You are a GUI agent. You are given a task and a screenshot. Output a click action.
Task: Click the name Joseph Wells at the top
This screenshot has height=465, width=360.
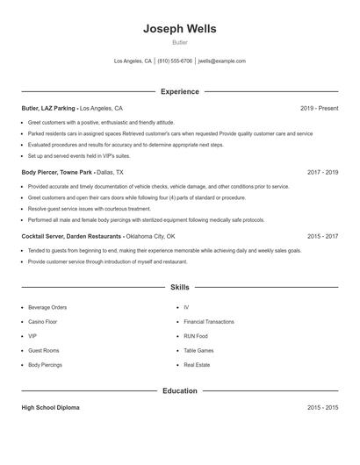pyautogui.click(x=180, y=29)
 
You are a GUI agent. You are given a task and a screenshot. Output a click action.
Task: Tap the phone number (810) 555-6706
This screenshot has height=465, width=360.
pyautogui.click(x=175, y=61)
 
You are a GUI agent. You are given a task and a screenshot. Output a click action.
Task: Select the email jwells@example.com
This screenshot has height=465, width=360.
pyautogui.click(x=222, y=61)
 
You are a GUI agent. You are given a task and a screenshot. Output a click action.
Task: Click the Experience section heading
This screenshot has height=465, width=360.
pyautogui.click(x=180, y=91)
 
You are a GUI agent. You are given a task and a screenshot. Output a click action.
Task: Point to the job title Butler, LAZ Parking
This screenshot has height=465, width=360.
pyautogui.click(x=48, y=108)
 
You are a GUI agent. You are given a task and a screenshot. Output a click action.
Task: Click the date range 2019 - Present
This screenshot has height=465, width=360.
pyautogui.click(x=319, y=108)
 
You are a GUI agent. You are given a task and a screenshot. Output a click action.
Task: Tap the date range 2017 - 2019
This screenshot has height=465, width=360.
pyautogui.click(x=323, y=173)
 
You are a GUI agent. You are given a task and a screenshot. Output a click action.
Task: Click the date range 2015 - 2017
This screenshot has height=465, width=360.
pyautogui.click(x=323, y=236)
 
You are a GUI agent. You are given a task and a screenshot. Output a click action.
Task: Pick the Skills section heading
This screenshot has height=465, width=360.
pyautogui.click(x=180, y=287)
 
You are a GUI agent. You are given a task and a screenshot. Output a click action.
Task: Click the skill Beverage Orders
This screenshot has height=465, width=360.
pyautogui.click(x=47, y=308)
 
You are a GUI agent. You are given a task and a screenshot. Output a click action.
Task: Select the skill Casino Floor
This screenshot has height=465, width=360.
pyautogui.click(x=42, y=322)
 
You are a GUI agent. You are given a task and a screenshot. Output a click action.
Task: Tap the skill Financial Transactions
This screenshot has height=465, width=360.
pyautogui.click(x=209, y=322)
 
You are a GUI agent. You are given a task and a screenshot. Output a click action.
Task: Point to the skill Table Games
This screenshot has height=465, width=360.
pyautogui.click(x=198, y=350)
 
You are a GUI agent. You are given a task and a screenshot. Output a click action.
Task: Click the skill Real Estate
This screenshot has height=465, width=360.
pyautogui.click(x=197, y=364)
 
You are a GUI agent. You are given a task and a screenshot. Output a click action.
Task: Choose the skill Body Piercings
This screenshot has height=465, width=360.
pyautogui.click(x=45, y=364)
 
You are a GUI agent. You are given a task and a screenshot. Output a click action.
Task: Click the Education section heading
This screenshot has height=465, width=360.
pyautogui.click(x=180, y=390)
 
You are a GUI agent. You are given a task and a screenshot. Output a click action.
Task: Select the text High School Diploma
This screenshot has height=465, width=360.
pyautogui.click(x=50, y=408)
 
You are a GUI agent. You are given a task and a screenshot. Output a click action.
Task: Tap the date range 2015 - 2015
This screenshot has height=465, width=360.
pyautogui.click(x=323, y=408)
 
